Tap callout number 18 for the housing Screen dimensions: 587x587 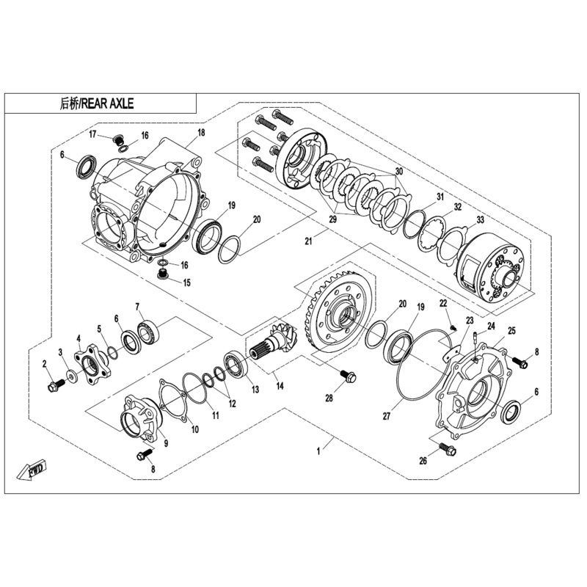(x=201, y=134)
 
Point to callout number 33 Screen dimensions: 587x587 (x=481, y=219)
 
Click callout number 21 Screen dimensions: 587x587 (x=309, y=240)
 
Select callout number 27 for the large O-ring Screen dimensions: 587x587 (x=386, y=416)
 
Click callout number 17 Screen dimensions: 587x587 (x=93, y=134)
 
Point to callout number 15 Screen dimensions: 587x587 (x=186, y=282)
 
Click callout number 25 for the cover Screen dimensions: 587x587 (x=511, y=331)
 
